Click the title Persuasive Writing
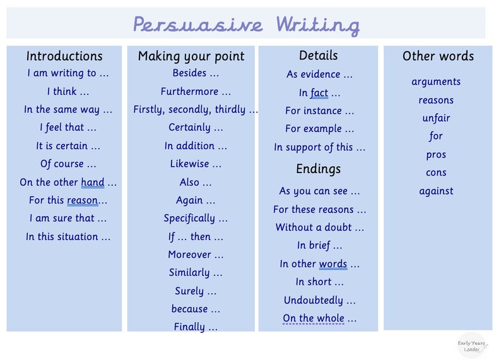point(246,25)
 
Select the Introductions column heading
point(64,56)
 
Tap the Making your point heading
point(191,56)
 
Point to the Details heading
point(318,56)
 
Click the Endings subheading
point(318,169)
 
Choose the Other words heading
point(438,56)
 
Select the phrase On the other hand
point(68,183)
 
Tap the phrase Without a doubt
point(319,227)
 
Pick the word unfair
point(436,118)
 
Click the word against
point(436,191)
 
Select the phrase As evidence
point(319,75)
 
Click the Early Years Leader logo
point(472,345)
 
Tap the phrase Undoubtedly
point(319,301)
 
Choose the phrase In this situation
point(68,237)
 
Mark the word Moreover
point(196,255)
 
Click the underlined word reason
point(83,201)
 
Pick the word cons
point(436,172)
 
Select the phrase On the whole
point(319,318)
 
